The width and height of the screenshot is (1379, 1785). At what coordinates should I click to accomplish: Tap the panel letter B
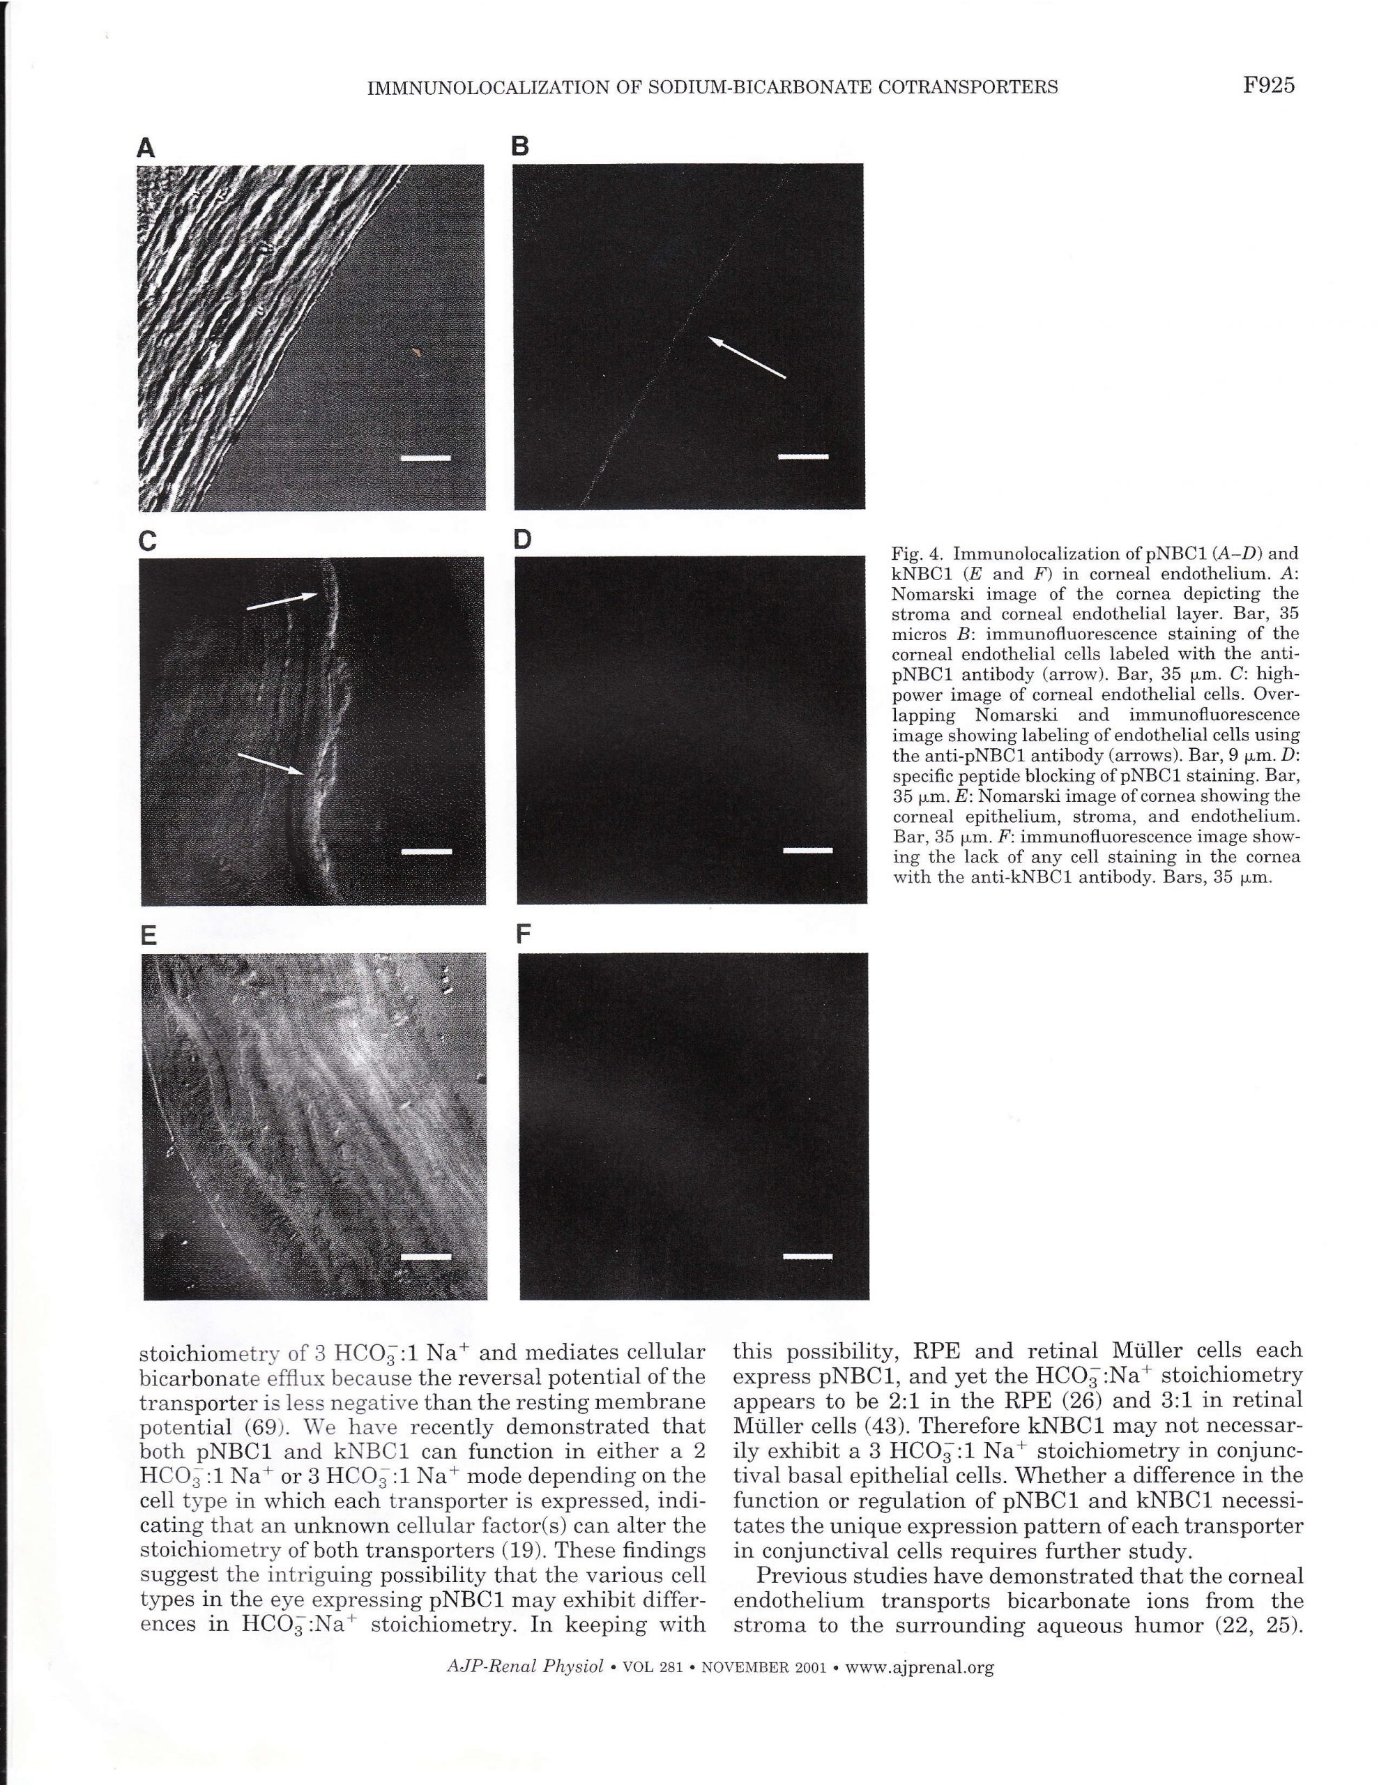(x=521, y=147)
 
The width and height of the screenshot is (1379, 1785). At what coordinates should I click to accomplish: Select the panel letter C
(x=148, y=541)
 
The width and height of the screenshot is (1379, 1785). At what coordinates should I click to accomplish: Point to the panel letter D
(x=521, y=540)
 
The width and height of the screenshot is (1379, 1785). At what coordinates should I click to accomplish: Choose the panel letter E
(x=148, y=936)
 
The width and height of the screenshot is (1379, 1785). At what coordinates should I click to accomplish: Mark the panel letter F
(x=524, y=934)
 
